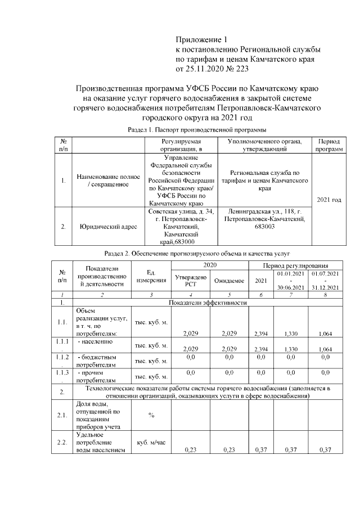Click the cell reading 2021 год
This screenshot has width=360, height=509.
point(329,200)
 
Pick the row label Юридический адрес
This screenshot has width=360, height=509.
point(106,227)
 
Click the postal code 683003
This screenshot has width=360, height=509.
point(264,227)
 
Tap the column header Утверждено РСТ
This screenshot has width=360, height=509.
point(191,280)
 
